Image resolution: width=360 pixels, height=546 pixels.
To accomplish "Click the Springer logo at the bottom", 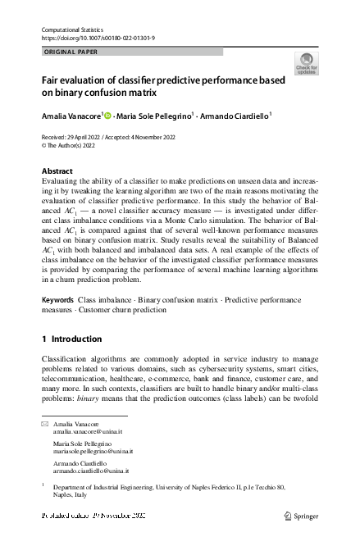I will pos(302,516).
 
